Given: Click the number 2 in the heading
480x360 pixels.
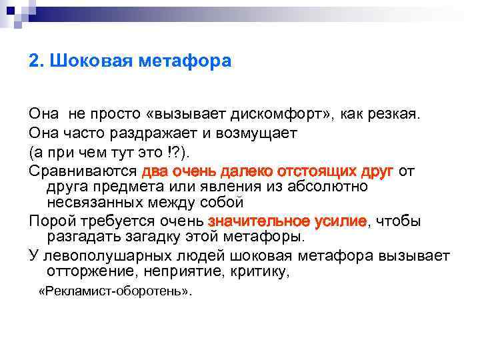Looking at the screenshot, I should click(34, 62).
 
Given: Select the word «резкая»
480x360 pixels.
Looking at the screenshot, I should click(397, 114).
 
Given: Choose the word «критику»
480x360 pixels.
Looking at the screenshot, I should click(267, 271).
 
